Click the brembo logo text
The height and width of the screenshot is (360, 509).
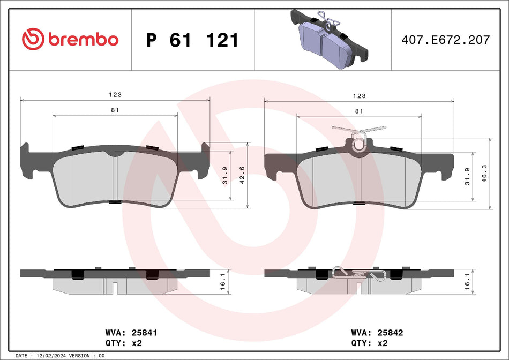click(83, 40)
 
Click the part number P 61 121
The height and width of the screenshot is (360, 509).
click(192, 40)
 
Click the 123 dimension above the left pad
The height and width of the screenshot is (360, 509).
click(115, 95)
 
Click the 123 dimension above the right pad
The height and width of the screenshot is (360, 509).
click(359, 95)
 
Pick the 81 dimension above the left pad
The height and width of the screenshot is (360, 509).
click(115, 110)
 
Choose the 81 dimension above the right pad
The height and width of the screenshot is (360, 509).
click(358, 110)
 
